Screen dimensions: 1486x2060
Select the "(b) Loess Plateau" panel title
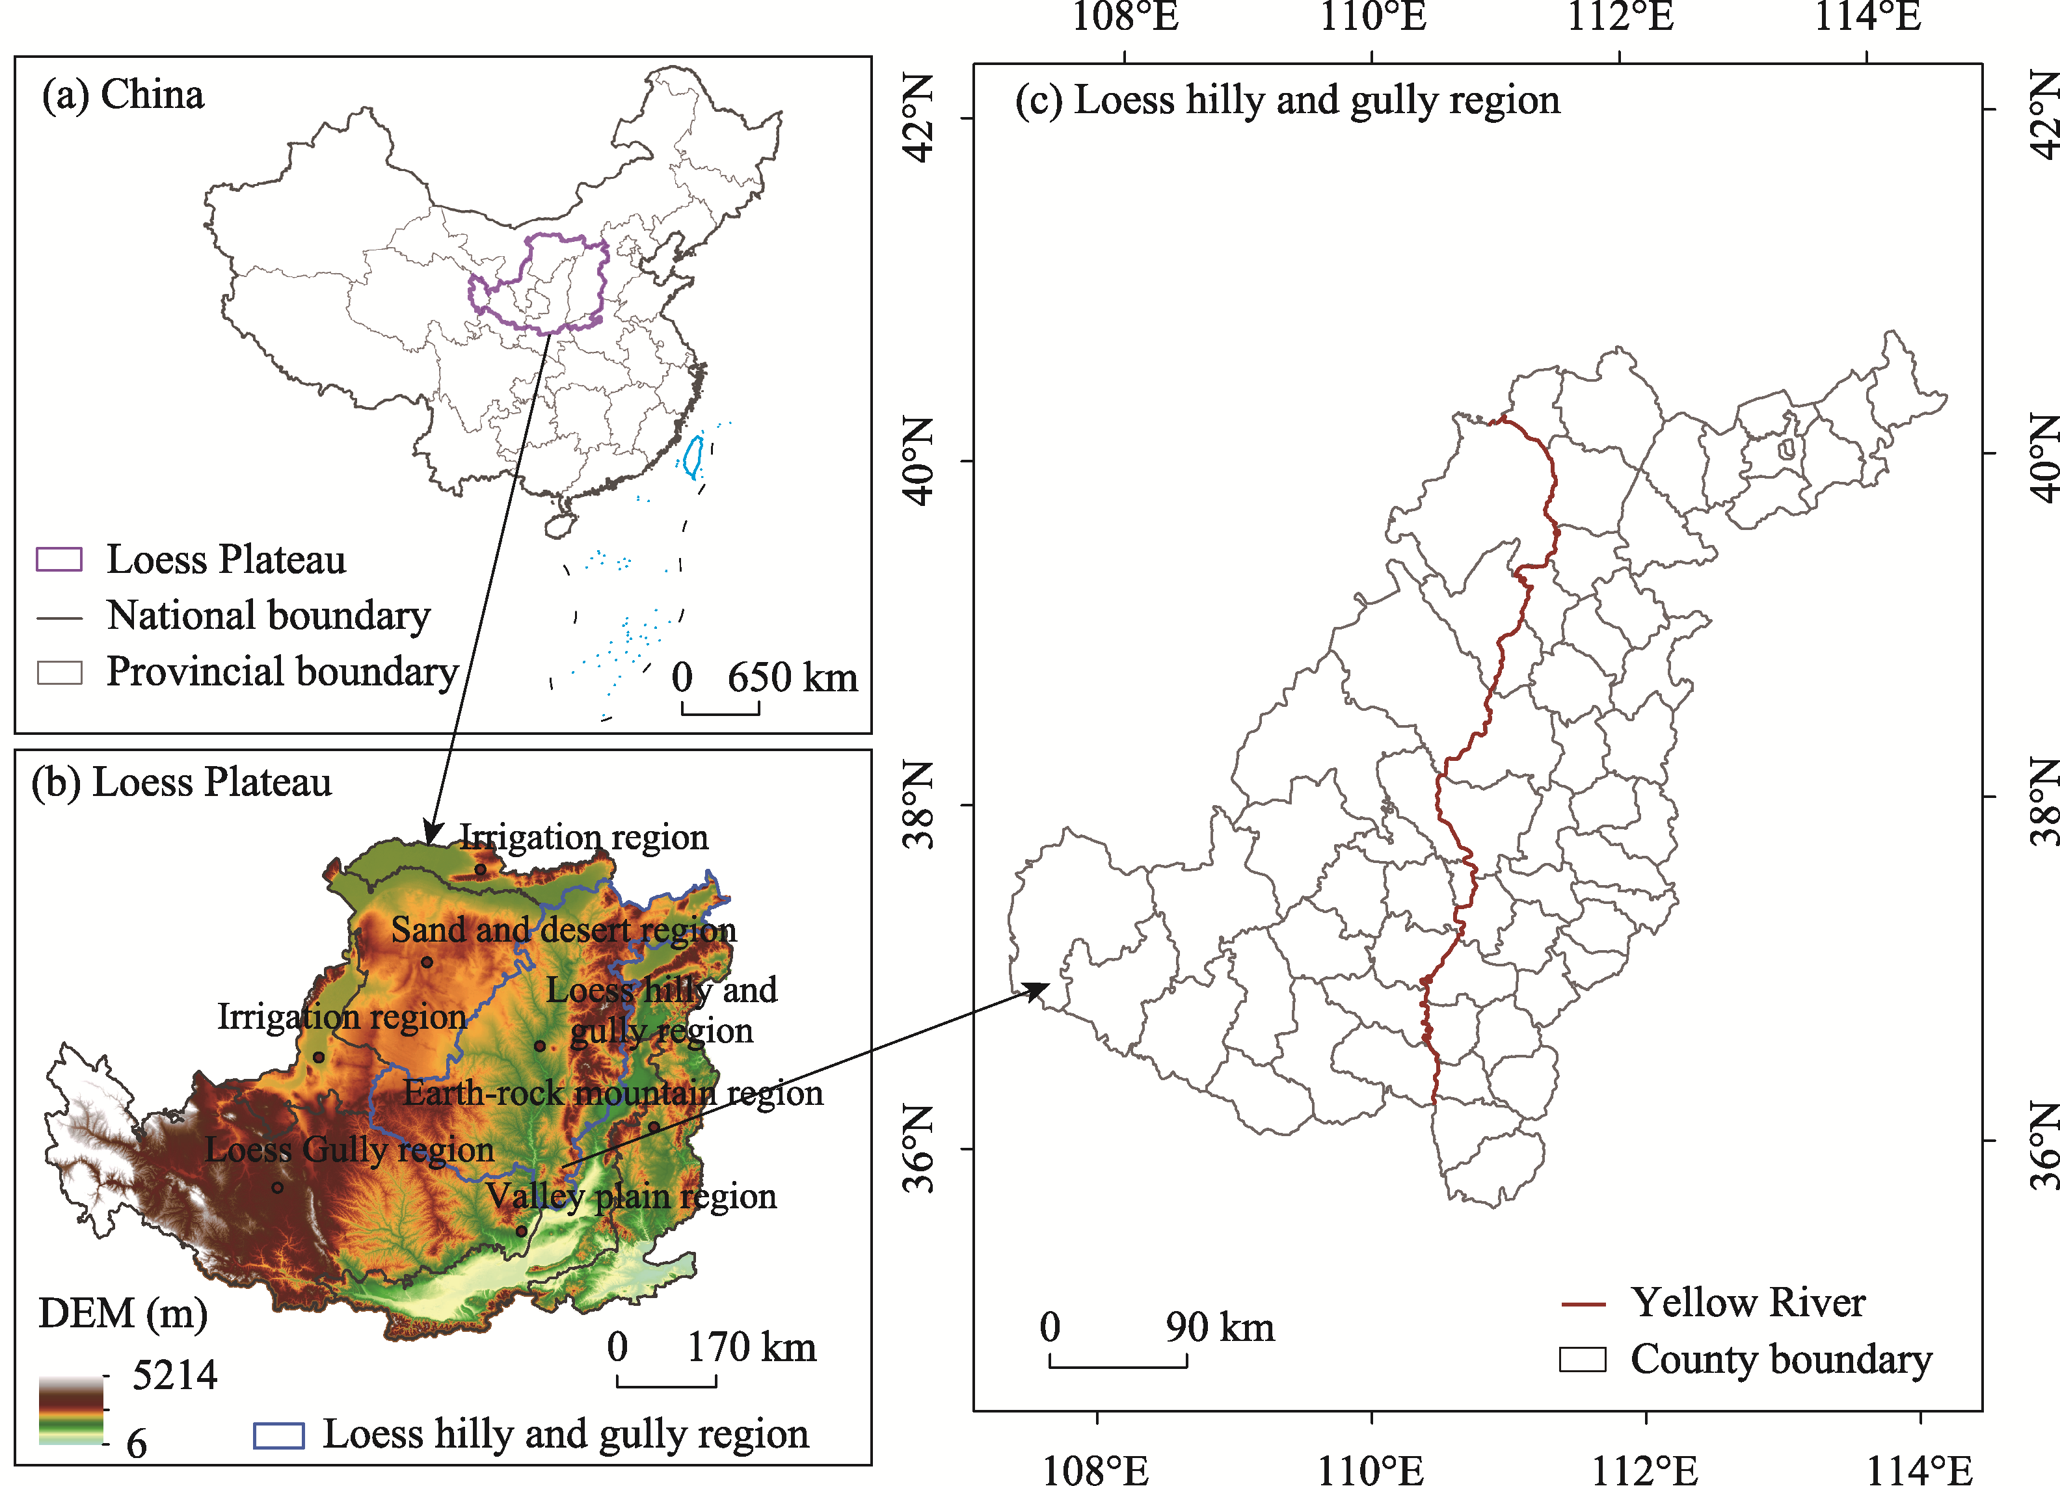181,782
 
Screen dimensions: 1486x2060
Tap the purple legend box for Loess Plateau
59,559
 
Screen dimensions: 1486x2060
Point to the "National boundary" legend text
268,616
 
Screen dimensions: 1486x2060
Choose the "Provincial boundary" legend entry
282,672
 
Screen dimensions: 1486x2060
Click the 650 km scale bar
720,708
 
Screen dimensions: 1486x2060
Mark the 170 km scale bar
666,1381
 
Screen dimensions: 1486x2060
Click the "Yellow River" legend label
1748,1303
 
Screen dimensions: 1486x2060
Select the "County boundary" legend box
1583,1360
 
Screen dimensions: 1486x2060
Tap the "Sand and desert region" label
563,930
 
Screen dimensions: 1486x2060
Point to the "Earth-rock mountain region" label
613,1093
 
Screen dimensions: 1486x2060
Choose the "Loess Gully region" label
350,1150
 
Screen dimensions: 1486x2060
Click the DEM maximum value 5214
174,1376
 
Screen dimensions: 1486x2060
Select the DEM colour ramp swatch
71,1410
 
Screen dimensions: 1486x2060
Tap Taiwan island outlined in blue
693,458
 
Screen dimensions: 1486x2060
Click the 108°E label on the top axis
1125,16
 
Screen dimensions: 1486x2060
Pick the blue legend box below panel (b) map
278,1435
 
